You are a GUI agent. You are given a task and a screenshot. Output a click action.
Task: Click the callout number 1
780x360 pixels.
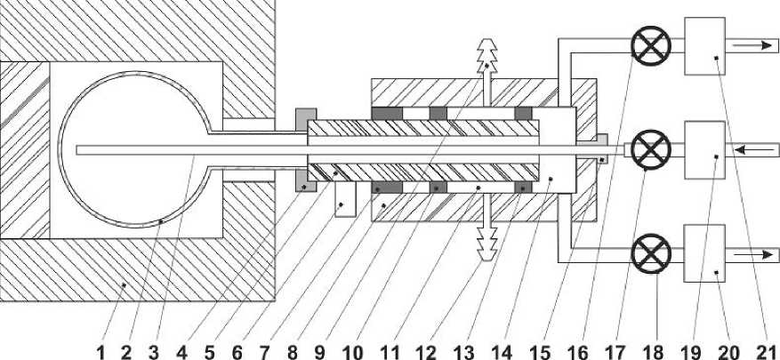click(x=101, y=351)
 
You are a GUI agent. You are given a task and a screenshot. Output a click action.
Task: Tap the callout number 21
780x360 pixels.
click(x=766, y=351)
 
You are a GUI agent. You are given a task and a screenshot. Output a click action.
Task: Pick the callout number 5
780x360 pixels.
click(x=210, y=351)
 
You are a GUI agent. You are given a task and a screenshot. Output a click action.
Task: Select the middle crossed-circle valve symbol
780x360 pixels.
click(x=650, y=149)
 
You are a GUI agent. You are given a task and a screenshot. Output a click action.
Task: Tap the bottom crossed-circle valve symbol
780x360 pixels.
click(x=650, y=253)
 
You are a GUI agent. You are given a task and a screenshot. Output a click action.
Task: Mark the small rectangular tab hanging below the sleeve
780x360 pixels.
click(x=344, y=203)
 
